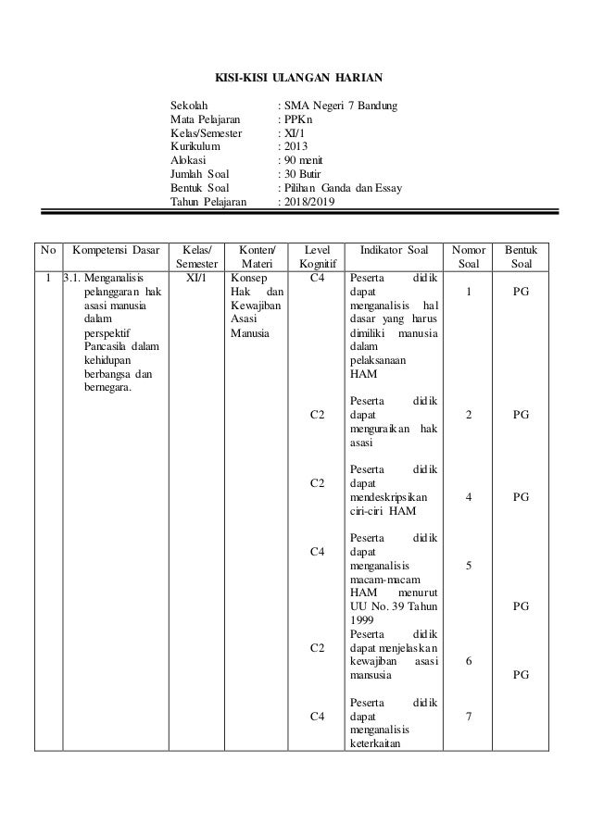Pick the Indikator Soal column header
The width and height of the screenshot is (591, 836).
coord(393,250)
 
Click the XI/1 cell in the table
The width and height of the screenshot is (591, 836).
coord(196,277)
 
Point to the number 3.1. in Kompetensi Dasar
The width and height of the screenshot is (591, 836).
coord(72,277)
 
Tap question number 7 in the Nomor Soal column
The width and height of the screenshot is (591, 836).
coord(469,716)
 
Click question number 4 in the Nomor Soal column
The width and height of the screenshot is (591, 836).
coord(469,496)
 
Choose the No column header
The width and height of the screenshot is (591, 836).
coord(46,250)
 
